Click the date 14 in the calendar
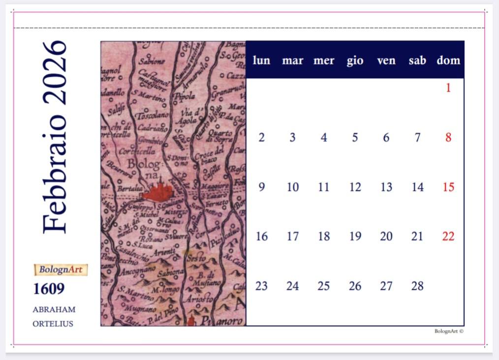(417, 187)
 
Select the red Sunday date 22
(448, 237)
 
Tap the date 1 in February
(448, 88)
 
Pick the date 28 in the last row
(417, 286)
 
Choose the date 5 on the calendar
(355, 138)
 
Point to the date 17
(293, 237)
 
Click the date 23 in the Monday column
(261, 286)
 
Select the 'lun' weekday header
(261, 60)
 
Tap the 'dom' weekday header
(448, 60)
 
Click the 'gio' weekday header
(355, 60)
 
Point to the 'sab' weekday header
(417, 60)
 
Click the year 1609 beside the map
(49, 289)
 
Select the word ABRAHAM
(54, 309)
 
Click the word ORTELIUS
(53, 324)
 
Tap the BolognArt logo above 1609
(61, 270)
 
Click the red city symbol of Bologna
(158, 192)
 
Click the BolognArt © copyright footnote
(449, 331)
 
